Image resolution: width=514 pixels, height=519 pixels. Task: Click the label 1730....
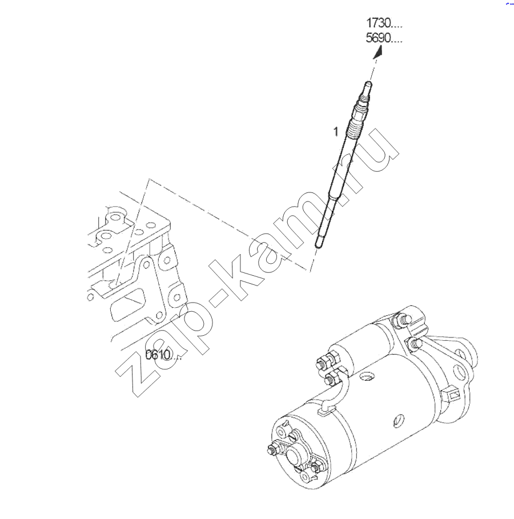point(384,23)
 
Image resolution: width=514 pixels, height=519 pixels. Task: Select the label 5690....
point(384,38)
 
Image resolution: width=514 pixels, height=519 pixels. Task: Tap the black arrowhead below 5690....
point(378,53)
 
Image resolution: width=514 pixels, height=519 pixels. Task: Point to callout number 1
point(336,131)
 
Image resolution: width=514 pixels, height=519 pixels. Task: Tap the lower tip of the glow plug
point(318,245)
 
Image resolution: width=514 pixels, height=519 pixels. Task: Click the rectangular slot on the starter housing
point(450,393)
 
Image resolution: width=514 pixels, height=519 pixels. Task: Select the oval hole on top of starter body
point(368,377)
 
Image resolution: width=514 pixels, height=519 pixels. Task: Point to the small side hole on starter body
point(399,420)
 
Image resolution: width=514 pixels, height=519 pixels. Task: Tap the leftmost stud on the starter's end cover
point(272,450)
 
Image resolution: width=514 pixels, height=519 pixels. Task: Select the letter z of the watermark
point(136,374)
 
